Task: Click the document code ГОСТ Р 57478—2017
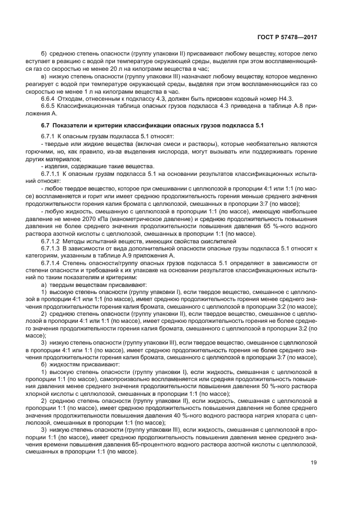click(287, 38)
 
